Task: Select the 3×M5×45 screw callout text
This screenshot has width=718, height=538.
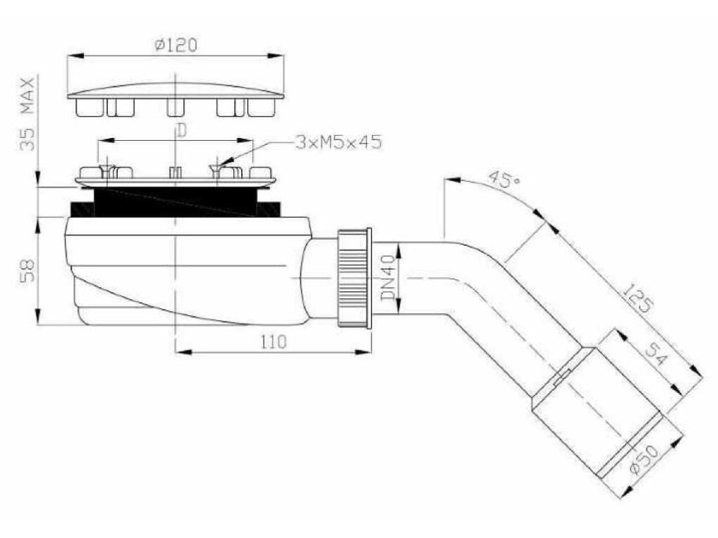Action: [339, 142]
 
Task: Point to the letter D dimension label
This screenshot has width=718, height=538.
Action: [182, 131]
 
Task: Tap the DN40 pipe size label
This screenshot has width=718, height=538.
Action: [388, 277]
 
